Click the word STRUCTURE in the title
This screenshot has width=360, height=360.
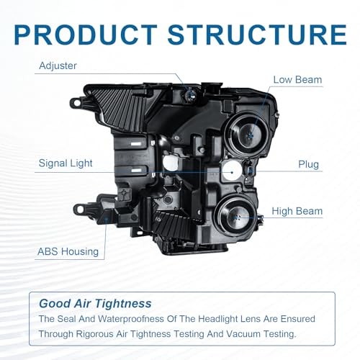257,35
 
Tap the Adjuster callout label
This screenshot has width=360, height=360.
58,66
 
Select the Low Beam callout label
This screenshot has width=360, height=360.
297,80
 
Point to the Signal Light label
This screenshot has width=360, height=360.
66,163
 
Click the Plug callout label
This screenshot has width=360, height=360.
308,165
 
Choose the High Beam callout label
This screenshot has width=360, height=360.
297,211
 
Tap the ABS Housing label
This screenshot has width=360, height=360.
68,251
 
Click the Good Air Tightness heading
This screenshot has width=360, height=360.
95,304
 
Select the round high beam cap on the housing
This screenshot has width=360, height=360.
236,217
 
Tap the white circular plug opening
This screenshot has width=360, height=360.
231,171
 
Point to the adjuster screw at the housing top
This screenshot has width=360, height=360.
190,95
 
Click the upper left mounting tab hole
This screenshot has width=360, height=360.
76,103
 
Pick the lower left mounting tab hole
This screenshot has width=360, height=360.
80,210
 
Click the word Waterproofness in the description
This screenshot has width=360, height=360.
130,319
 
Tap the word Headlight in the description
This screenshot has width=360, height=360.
217,319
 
